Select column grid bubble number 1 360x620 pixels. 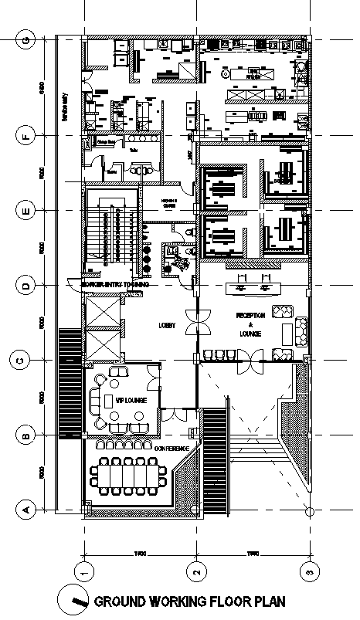pos(83,571)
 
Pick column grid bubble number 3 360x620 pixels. pos(309,571)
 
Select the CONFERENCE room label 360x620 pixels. pos(177,448)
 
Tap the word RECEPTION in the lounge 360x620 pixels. pos(250,317)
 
